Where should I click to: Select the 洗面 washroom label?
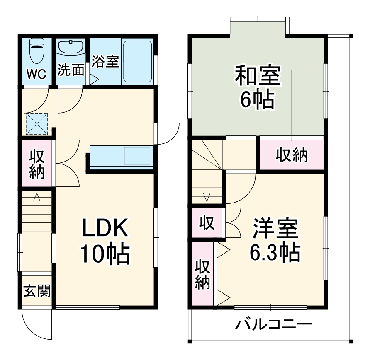(71, 70)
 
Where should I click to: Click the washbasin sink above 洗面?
(71, 47)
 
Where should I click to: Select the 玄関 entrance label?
(37, 291)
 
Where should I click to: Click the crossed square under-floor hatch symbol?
(37, 123)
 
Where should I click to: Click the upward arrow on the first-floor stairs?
(37, 207)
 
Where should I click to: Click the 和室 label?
(258, 75)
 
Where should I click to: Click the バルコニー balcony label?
(273, 324)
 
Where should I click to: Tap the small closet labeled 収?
(206, 224)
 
